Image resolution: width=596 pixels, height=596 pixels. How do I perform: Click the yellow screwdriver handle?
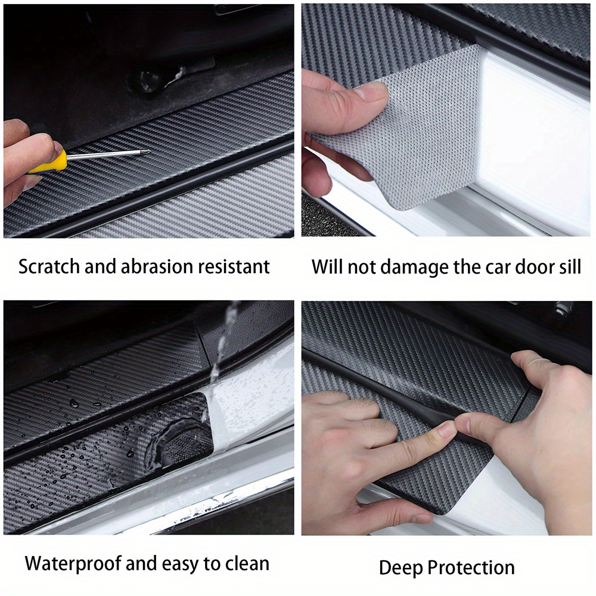(48, 162)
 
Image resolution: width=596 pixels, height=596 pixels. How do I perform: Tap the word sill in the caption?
(569, 266)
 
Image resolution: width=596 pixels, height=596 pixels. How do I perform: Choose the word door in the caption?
(531, 266)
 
